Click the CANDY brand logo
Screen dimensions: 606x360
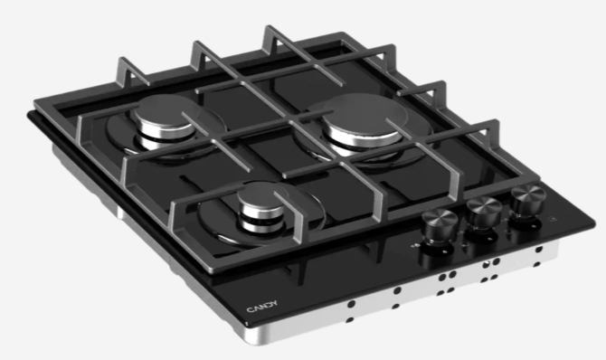pos(262,306)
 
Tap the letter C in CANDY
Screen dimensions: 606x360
pos(250,309)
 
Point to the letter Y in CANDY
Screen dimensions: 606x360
pos(274,303)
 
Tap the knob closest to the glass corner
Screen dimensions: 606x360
pos(527,200)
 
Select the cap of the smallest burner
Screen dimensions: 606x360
pos(262,198)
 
